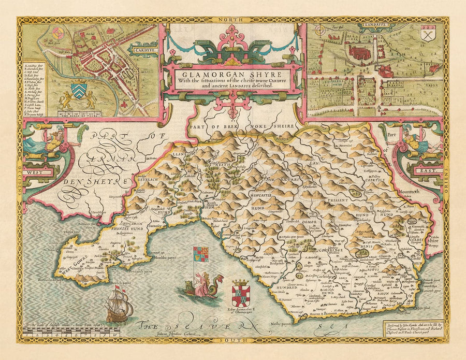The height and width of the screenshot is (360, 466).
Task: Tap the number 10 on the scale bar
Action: pos(121,336)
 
